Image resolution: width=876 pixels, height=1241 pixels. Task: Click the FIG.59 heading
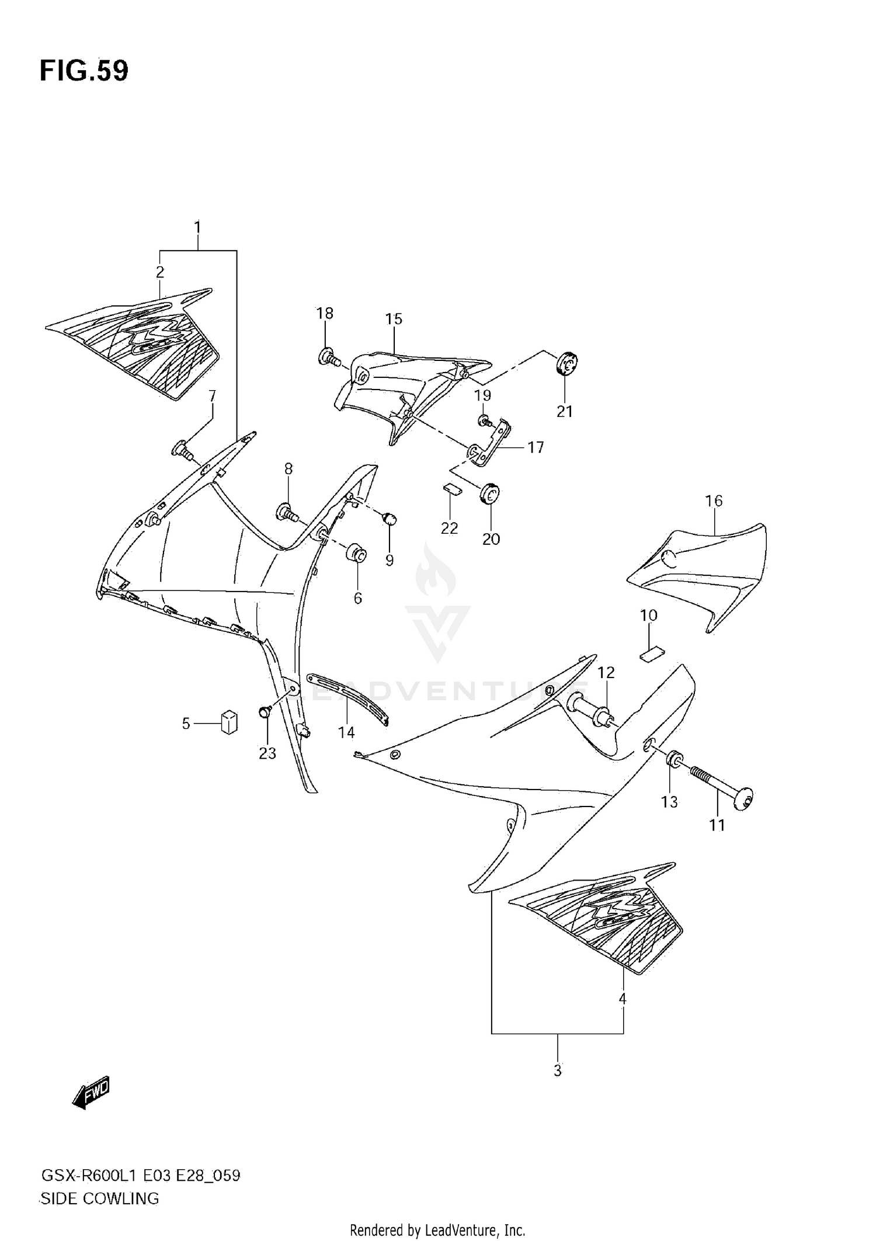pos(84,71)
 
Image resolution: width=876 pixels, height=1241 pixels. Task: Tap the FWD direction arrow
pos(91,1091)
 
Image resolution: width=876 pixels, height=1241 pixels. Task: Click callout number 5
pos(186,724)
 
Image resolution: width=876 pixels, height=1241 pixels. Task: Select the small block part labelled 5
pos(229,722)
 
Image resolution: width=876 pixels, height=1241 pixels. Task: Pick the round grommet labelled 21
pos(565,365)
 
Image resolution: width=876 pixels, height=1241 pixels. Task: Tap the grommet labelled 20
pos(489,493)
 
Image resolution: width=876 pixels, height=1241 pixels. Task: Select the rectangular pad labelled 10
pos(652,654)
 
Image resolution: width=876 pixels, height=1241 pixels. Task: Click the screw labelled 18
pos(330,357)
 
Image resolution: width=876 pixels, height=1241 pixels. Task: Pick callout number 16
pos(714,500)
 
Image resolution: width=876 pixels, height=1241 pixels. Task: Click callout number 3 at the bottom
pos(557,1070)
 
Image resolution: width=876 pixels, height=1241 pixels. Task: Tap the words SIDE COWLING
pos(99,1199)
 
